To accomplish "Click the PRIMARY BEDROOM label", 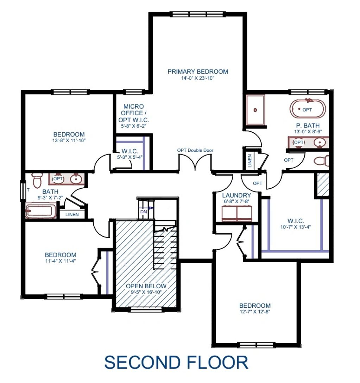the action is [197, 71].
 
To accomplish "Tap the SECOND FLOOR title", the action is [176, 362].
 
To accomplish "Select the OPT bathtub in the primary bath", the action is [308, 109].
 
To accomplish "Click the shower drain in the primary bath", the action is [255, 110].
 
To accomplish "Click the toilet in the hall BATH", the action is [37, 180].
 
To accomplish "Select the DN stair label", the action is [144, 212].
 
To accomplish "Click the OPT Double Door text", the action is [195, 150].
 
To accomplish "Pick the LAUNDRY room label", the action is [236, 195].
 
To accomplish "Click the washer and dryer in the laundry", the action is [237, 213].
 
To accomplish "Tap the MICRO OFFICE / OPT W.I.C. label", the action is [134, 113].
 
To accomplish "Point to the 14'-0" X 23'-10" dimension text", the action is [197, 79].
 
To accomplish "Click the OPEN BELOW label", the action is [146, 286].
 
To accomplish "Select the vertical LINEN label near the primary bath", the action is [250, 161].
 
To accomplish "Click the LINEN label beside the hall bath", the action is [72, 214].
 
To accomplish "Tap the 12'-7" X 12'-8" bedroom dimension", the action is [255, 312].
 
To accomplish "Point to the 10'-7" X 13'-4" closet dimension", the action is [296, 227].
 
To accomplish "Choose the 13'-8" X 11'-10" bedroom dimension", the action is [69, 140].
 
